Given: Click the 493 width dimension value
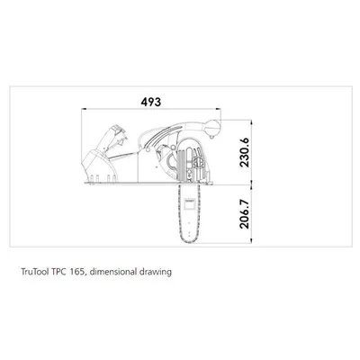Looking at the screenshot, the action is pos(151,102).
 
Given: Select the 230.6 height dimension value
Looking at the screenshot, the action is pos(245,152).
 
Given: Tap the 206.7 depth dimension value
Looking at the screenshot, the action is pos(245,214).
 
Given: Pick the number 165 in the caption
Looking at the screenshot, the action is pos(78,272).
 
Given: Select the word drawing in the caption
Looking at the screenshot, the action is pos(156,273).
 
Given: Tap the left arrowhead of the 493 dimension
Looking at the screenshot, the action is pos(84,109).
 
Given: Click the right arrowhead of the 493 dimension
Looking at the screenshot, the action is pos(219,109).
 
